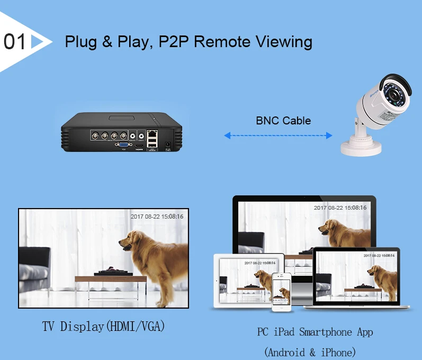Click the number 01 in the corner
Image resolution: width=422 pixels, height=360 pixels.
click(15, 42)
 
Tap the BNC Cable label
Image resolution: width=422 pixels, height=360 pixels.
click(283, 121)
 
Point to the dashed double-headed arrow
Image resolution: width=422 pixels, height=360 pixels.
click(278, 136)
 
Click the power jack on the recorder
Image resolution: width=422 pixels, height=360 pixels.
click(168, 143)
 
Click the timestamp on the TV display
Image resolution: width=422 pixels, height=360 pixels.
click(157, 217)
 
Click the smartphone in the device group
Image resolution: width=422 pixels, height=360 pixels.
click(283, 292)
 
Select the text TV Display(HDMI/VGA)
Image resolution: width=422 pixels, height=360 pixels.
click(104, 326)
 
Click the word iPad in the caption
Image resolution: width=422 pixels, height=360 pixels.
click(284, 332)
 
